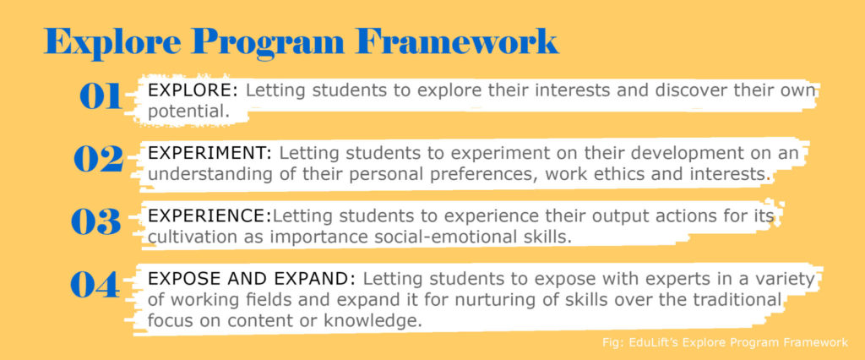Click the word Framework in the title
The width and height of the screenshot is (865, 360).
[457, 40]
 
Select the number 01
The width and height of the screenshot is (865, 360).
[101, 96]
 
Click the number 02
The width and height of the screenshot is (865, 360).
[98, 159]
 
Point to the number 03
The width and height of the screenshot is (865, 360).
[96, 222]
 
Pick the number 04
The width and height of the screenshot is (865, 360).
[95, 285]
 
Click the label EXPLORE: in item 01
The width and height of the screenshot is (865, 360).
[193, 90]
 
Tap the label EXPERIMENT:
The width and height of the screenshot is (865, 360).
[214, 153]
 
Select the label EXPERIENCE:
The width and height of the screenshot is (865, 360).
[209, 215]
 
